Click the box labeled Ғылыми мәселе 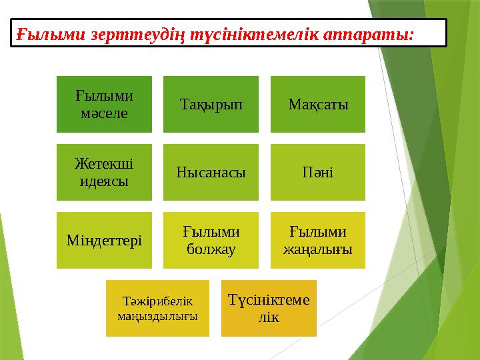[103, 104]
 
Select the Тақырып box [211, 104]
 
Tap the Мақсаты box [317, 104]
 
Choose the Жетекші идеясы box [103, 172]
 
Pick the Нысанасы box [211, 172]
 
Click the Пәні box [317, 172]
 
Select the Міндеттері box [103, 240]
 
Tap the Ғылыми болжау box [211, 240]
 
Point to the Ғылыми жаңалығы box [317, 240]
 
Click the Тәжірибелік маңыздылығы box [157, 308]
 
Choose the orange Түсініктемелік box [269, 308]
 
